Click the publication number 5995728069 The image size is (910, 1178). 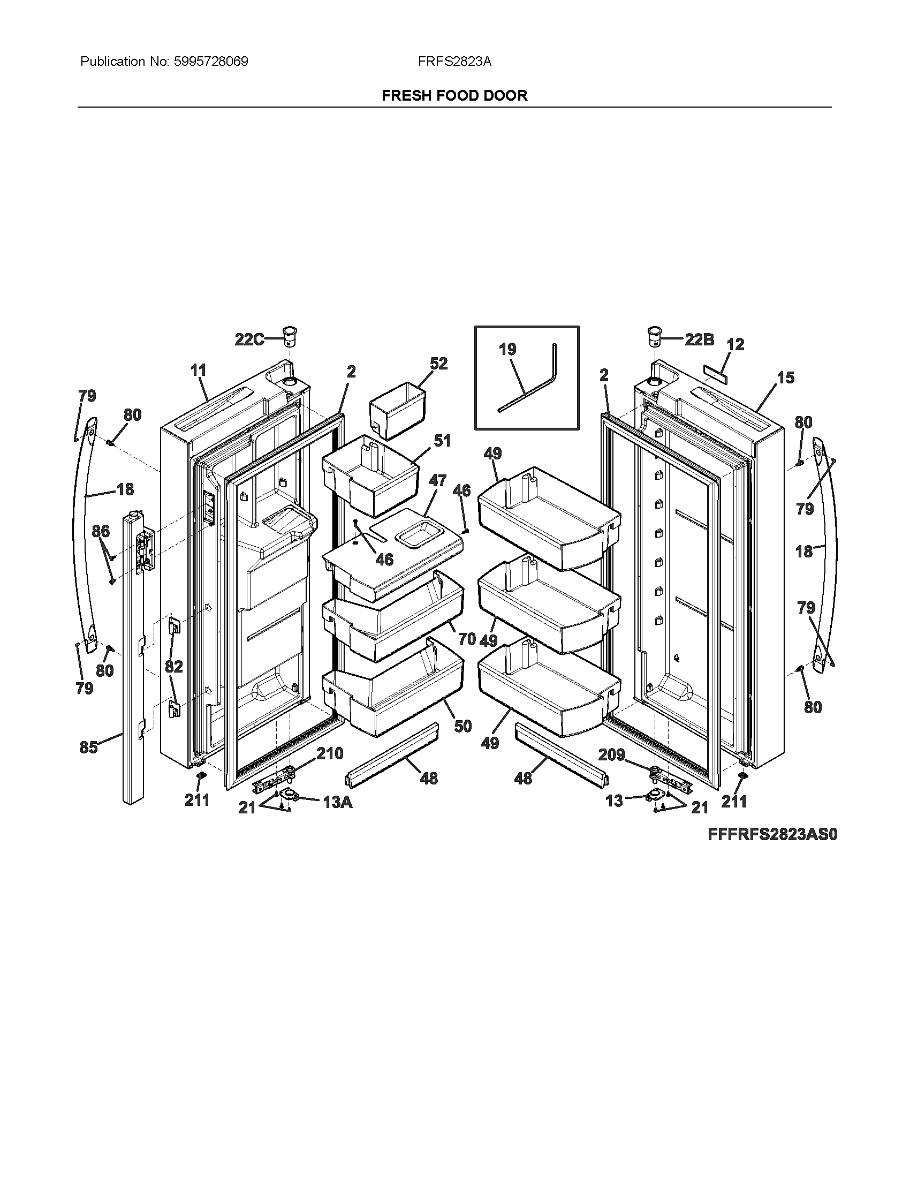pyautogui.click(x=211, y=62)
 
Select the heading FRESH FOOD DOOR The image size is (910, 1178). pyautogui.click(x=454, y=95)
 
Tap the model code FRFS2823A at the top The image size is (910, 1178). pyautogui.click(x=454, y=62)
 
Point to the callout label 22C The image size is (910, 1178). pyautogui.click(x=249, y=339)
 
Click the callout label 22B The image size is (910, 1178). pyautogui.click(x=699, y=339)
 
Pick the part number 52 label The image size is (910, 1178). pyautogui.click(x=439, y=364)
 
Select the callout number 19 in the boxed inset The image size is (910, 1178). pyautogui.click(x=507, y=350)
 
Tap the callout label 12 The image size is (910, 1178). pyautogui.click(x=735, y=344)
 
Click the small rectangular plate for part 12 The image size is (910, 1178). pyautogui.click(x=715, y=373)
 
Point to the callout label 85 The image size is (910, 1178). pyautogui.click(x=88, y=747)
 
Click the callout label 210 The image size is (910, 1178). pyautogui.click(x=329, y=753)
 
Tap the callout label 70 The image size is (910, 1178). pyautogui.click(x=467, y=639)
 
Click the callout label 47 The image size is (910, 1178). pyautogui.click(x=437, y=480)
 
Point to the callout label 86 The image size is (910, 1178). pyautogui.click(x=101, y=531)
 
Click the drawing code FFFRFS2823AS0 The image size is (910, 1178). pyautogui.click(x=772, y=834)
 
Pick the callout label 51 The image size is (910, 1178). pyautogui.click(x=442, y=441)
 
